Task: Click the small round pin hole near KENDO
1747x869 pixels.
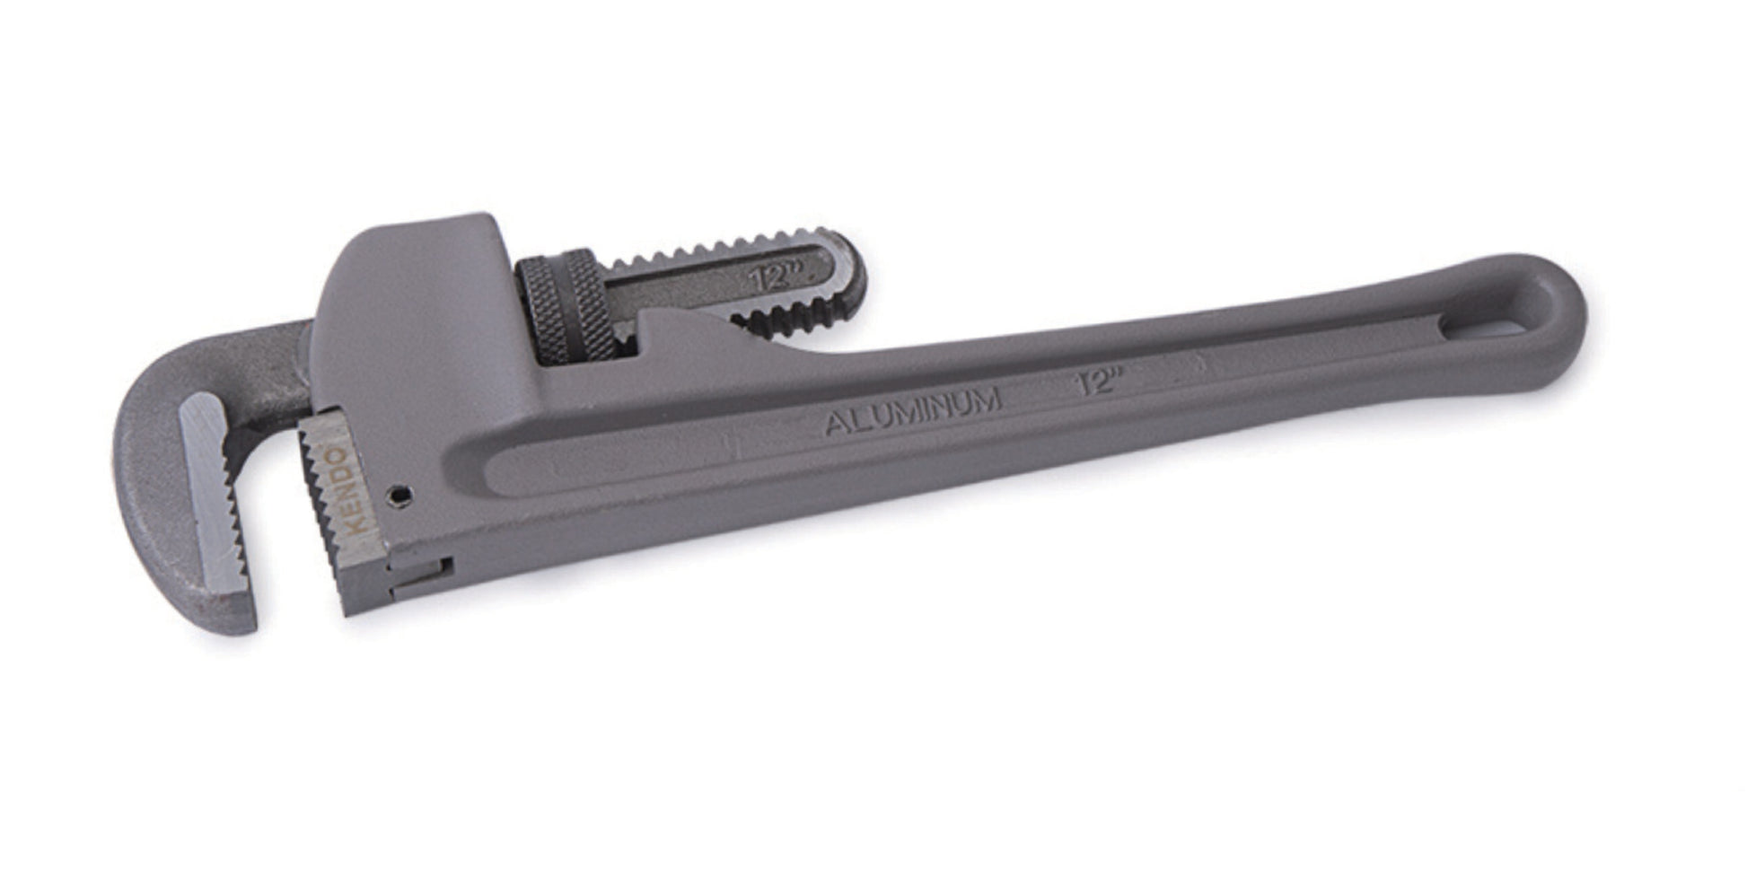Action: (x=401, y=494)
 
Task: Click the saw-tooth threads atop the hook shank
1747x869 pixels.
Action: (x=718, y=248)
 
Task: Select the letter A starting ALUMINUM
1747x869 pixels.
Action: (x=835, y=423)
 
